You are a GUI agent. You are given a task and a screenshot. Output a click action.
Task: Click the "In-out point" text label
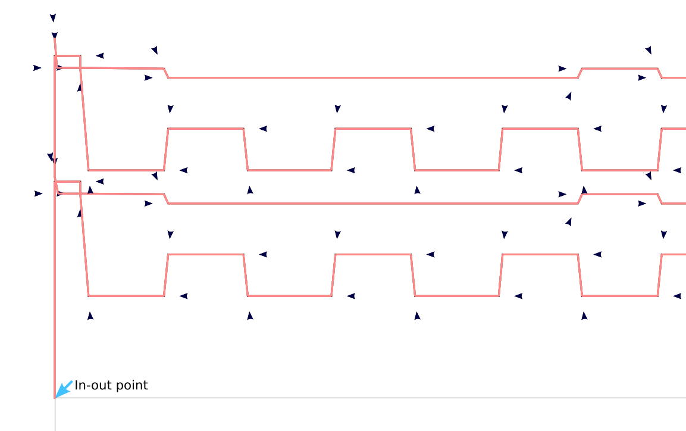coord(111,386)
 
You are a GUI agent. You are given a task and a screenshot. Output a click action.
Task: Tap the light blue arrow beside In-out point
coord(64,389)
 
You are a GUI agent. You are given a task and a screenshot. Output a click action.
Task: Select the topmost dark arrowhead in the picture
coord(53,18)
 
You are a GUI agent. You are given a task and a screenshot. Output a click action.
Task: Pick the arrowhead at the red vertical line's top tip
coord(55,36)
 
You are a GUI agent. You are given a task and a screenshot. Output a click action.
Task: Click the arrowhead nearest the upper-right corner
coord(649,50)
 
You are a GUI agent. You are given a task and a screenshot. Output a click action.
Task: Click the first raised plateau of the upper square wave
coord(206,128)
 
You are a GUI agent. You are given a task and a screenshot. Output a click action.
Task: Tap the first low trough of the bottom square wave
coord(126,296)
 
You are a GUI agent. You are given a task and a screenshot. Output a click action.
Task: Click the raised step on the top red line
coord(619,68)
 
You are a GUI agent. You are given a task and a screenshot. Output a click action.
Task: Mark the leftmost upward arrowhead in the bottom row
coord(90,316)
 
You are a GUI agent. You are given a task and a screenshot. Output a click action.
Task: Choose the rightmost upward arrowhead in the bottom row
coord(584,316)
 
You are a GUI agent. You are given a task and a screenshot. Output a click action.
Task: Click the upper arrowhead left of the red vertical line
coord(37,68)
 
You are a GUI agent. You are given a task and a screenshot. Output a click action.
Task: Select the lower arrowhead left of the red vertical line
coord(38,193)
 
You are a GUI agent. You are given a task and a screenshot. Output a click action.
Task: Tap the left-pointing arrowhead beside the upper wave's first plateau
coord(263,129)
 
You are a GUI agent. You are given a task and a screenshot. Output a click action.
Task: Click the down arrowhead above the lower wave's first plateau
coord(170,235)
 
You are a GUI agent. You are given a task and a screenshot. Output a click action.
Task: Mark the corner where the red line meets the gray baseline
coord(55,398)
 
